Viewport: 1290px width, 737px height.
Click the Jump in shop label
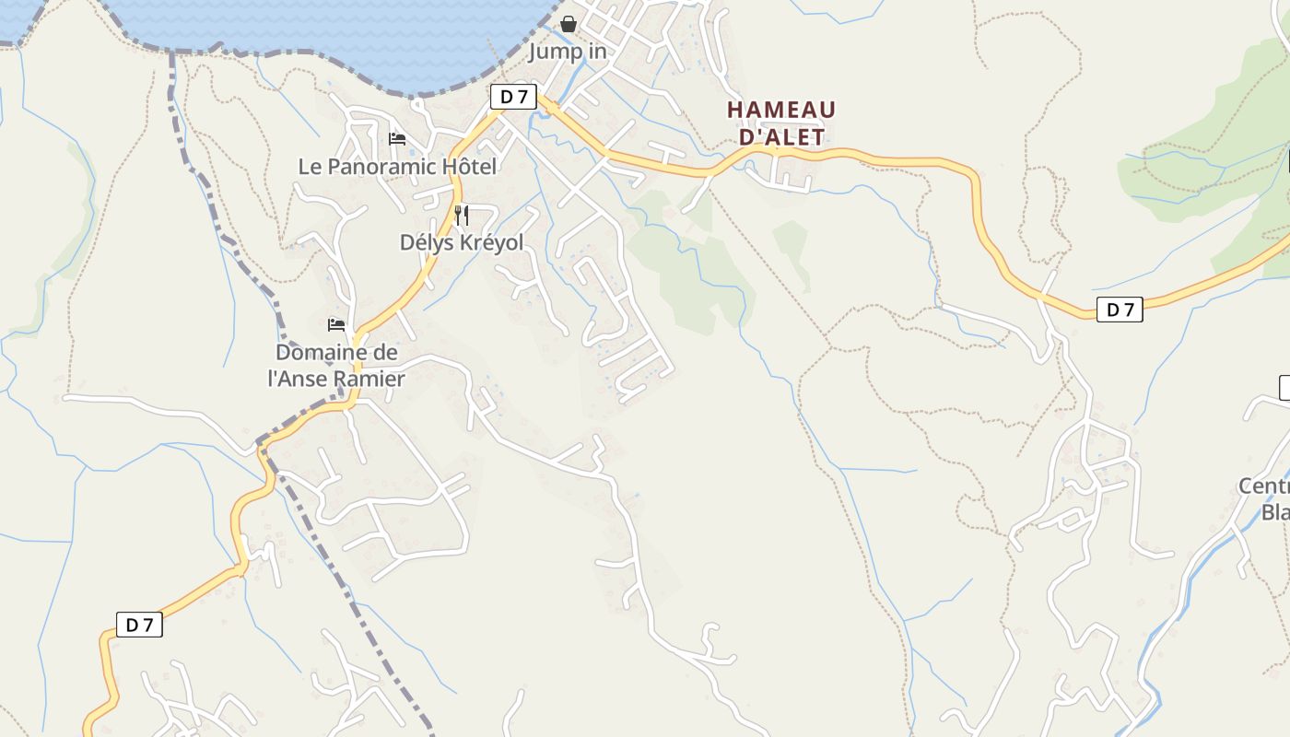pos(567,52)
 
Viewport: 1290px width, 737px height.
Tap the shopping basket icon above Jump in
pos(569,24)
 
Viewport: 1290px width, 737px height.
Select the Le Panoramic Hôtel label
pos(397,167)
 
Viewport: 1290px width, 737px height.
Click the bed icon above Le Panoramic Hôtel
pos(397,139)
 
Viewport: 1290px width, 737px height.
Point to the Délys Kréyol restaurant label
pos(461,242)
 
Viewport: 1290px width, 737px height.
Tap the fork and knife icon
pos(462,216)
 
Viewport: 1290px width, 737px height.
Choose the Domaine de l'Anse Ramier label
pos(336,366)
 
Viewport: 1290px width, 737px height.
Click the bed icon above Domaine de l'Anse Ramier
pos(336,324)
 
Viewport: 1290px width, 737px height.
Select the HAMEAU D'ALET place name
pos(781,123)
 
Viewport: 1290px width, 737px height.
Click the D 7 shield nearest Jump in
pos(512,96)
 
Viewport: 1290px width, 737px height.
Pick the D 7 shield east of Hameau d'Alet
pos(1120,310)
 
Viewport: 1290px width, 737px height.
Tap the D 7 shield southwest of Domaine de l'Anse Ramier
pos(139,625)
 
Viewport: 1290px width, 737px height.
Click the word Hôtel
pos(466,167)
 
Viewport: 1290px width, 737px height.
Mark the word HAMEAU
pos(781,111)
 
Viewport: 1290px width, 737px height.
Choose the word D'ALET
pos(781,136)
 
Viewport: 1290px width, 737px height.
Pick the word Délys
pos(423,242)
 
